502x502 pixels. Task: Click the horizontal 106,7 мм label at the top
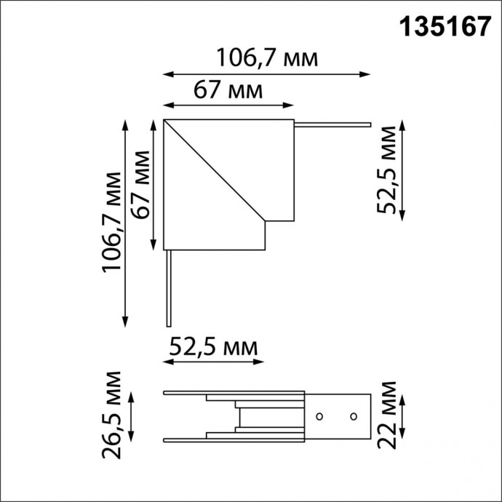point(268,57)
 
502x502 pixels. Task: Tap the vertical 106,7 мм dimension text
point(111,222)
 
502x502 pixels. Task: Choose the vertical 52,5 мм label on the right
point(388,170)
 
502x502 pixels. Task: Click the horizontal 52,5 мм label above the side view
point(213,347)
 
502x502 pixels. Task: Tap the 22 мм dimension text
point(388,415)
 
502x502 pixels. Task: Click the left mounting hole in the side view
point(319,417)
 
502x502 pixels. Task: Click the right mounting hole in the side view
point(353,417)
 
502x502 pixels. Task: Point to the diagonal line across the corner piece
point(215,172)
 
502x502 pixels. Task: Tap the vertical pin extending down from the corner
point(168,287)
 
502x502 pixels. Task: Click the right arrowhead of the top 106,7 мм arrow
point(367,73)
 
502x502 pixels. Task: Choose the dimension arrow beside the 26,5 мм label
point(131,416)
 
